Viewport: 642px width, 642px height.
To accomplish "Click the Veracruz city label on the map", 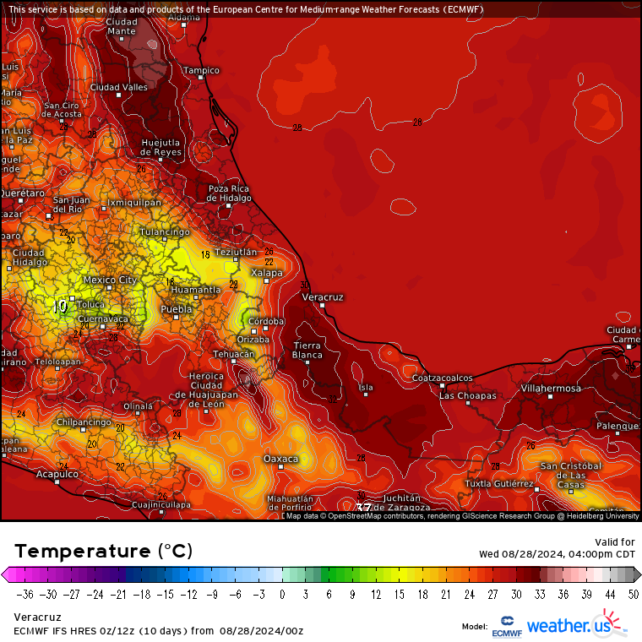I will (323, 297).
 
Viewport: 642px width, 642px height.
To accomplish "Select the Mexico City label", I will (110, 280).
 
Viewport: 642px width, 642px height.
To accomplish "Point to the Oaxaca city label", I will (281, 459).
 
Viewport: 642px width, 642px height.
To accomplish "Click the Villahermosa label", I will (550, 389).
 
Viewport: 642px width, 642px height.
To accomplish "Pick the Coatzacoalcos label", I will (442, 378).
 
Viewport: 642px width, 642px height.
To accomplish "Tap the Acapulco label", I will (57, 475).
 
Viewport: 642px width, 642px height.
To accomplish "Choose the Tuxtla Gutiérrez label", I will (499, 484).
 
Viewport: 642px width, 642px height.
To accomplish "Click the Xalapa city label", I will (267, 273).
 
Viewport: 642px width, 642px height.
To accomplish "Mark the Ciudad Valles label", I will (119, 87).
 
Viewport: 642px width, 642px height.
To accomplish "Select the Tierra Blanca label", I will (307, 351).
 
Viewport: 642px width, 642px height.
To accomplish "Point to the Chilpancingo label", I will (84, 422).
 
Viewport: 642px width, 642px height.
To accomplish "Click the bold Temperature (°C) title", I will (103, 551).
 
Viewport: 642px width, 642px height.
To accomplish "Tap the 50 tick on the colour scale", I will (634, 595).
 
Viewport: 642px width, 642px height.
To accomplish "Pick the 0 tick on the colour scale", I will (282, 595).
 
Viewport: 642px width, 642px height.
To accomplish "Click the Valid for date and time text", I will (557, 548).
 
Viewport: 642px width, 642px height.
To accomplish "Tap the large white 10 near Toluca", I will (59, 307).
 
